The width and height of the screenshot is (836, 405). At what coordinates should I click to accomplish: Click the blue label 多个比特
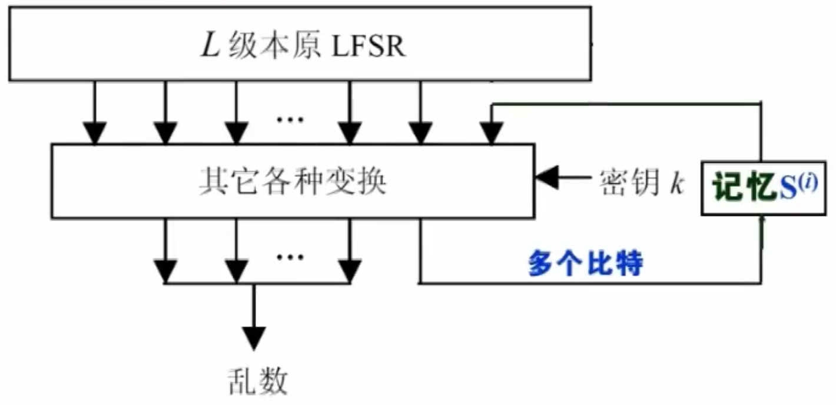coord(585,265)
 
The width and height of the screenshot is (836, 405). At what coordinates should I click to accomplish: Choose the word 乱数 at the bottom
coord(257,380)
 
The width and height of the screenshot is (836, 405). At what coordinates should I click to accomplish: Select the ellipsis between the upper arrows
coord(290,119)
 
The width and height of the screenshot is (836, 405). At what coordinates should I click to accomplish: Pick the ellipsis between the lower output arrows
coord(290,256)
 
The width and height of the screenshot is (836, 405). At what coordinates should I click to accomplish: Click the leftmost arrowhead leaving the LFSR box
coord(94,133)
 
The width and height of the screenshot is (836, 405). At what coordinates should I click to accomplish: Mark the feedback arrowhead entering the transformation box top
coord(492,133)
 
